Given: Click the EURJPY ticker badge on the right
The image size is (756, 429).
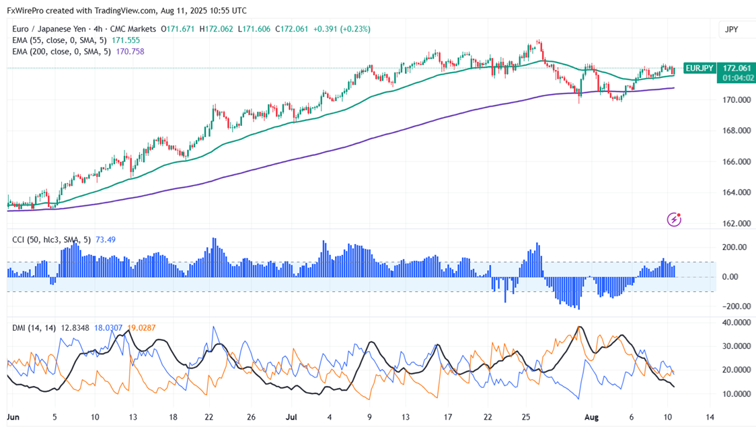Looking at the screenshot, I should (700, 68).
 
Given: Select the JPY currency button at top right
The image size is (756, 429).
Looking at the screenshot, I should (731, 30).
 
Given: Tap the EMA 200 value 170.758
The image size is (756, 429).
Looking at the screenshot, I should (130, 52).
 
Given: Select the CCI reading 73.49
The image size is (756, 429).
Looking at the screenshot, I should (106, 239).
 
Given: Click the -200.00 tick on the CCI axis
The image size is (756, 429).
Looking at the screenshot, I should (734, 306).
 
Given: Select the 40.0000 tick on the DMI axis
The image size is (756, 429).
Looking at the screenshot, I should (735, 322).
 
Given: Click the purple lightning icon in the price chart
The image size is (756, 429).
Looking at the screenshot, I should (674, 219).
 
